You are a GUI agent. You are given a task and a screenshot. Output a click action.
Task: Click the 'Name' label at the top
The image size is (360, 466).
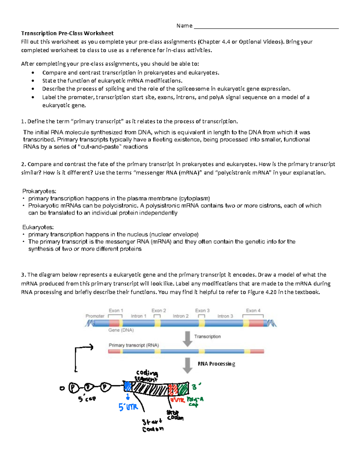coord(184,26)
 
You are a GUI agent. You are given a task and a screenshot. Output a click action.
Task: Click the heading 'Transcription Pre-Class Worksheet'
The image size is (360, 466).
coord(67,33)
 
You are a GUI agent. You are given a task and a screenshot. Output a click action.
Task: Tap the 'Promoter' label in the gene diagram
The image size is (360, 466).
coord(95,316)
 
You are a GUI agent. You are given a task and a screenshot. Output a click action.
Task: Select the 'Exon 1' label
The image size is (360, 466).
coord(116,311)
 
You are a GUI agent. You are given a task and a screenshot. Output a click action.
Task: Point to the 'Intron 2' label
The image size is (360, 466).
coord(181,316)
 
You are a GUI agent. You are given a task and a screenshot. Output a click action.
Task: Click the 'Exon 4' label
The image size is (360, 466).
coord(253,311)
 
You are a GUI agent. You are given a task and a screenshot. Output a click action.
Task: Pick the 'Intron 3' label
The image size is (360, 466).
coord(225,316)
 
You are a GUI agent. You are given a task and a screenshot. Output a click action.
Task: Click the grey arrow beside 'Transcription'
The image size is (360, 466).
coord(187,338)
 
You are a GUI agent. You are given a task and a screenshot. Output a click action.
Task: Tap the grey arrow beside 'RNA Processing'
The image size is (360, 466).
coord(187,365)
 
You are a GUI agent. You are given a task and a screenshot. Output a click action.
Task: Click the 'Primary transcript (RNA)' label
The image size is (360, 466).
coord(134,345)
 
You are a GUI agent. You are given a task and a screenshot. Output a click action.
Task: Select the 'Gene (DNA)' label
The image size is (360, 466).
coord(121,330)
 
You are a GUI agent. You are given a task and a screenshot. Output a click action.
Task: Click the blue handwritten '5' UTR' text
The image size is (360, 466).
coord(128,407)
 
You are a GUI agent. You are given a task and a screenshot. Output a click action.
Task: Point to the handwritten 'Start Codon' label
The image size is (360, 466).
coord(153,425)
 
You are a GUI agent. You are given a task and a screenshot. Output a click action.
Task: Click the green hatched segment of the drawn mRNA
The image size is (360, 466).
coord(183,389)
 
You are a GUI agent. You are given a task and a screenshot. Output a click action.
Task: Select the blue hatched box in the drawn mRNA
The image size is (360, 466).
coord(128,386)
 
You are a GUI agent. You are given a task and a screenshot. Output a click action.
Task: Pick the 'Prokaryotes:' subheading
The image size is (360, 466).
coord(39,191)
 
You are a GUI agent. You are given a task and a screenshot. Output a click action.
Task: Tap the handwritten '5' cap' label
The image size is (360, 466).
coord(87,399)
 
